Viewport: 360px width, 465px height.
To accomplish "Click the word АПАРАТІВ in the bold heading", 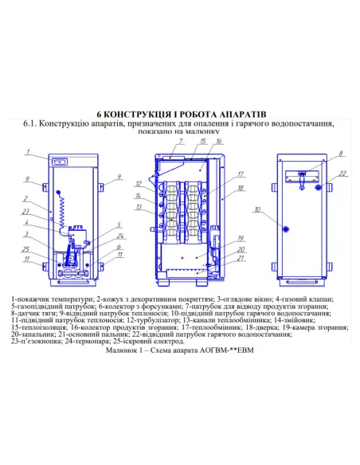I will pyautogui.click(x=237, y=113).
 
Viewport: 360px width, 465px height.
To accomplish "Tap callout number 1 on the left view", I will pyautogui.click(x=25, y=150).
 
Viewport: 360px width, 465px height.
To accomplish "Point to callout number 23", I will pyautogui.click(x=25, y=211).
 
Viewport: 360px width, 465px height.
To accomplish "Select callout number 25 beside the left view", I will pyautogui.click(x=25, y=249).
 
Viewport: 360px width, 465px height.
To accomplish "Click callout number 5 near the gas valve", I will pyautogui.click(x=119, y=225).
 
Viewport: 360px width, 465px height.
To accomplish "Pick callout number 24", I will pyautogui.click(x=119, y=236).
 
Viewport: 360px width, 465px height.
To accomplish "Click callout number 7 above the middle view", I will pyautogui.click(x=181, y=141).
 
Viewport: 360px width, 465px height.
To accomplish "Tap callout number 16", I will pyautogui.click(x=218, y=141).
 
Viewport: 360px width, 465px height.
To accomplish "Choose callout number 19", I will pyautogui.click(x=240, y=239).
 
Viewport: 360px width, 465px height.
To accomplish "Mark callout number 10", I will pyautogui.click(x=257, y=210).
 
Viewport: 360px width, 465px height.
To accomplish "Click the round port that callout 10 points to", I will pyautogui.click(x=284, y=224).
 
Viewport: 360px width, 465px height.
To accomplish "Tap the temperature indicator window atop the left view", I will pyautogui.click(x=57, y=161).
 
